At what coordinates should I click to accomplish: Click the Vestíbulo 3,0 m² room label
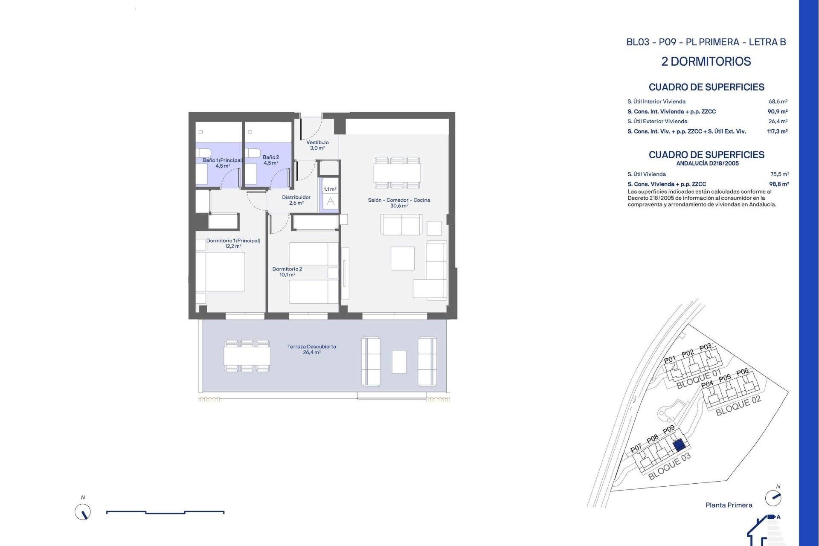coord(317,145)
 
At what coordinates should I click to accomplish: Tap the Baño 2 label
coord(271,160)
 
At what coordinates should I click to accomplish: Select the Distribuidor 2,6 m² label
coord(296,200)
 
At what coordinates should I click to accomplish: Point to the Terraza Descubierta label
coord(311,349)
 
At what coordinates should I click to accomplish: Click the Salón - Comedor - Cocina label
coord(399,203)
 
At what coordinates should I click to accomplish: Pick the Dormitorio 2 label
coord(287,272)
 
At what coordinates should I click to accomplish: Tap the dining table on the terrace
coord(247,356)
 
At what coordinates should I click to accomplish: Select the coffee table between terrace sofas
coord(399,361)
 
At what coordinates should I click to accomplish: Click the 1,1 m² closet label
coord(330,189)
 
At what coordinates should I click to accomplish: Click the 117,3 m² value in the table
coord(777,131)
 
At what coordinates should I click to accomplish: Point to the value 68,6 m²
coord(778,102)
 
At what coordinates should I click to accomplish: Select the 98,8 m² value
coord(779,184)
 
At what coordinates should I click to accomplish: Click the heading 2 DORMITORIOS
coord(706,61)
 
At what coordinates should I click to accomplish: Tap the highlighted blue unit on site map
coord(679,446)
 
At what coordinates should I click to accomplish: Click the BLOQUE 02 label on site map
coord(738,406)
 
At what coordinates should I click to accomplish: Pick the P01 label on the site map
coord(670,359)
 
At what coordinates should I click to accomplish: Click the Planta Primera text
coord(729,505)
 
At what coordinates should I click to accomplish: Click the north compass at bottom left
coord(83,512)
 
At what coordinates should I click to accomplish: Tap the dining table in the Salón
coord(397,173)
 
